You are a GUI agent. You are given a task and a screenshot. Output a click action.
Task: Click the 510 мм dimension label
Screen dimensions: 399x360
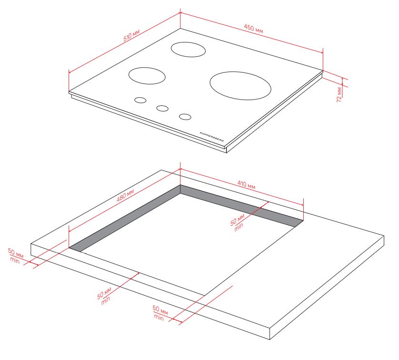(132, 35)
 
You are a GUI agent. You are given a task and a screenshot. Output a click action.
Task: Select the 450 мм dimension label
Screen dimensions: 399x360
(254, 29)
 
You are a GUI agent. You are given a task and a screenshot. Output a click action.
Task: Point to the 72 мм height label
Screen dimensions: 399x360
(339, 95)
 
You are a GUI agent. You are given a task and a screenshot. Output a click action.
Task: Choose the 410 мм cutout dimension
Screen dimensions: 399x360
(246, 185)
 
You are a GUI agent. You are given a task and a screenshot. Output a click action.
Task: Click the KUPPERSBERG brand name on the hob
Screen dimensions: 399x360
(212, 137)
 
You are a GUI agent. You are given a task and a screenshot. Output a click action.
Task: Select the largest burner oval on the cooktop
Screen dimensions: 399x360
(240, 85)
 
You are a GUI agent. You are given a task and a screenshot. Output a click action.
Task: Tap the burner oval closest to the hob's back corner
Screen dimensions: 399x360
(188, 50)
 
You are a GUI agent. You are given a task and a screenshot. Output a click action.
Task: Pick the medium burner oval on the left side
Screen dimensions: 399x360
(147, 76)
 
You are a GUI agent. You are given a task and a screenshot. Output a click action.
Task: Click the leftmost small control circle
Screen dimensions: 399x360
(141, 100)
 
